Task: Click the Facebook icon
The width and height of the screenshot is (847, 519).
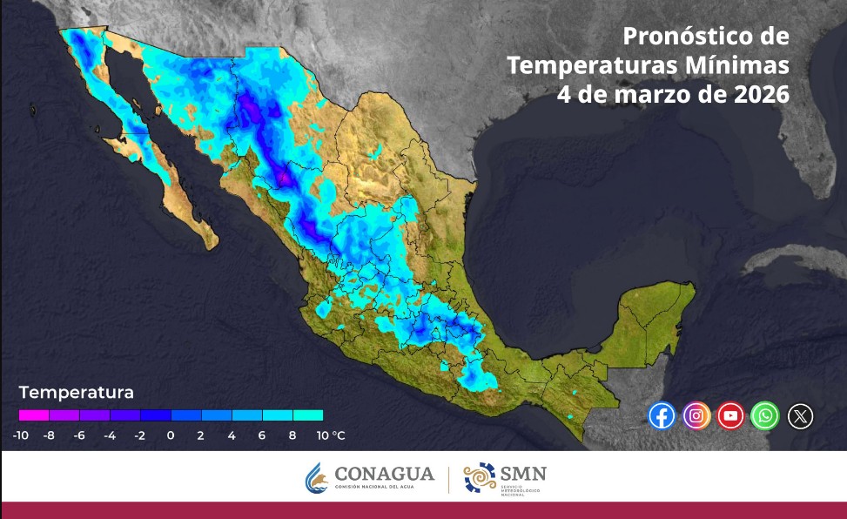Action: click(662, 415)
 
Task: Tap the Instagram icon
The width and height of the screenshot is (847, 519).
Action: click(696, 415)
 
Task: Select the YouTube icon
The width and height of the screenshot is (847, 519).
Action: click(731, 415)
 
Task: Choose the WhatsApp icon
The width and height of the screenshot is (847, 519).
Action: click(765, 415)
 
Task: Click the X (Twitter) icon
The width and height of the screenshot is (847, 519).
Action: click(800, 416)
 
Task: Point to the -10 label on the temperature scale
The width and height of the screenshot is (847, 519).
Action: click(22, 435)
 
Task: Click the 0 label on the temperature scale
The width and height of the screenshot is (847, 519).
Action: click(171, 435)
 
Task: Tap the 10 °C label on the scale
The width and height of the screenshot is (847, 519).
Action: click(330, 435)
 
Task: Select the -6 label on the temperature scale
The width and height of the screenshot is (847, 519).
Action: click(79, 435)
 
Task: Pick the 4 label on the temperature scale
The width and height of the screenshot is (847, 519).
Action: click(232, 435)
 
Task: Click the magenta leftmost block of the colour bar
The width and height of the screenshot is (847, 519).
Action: click(34, 415)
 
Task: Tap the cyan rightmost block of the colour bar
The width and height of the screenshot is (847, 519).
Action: click(308, 415)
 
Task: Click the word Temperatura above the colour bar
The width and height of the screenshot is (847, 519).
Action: click(77, 392)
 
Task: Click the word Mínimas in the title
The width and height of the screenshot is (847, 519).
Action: click(744, 65)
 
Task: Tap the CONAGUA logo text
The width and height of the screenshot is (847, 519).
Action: click(384, 474)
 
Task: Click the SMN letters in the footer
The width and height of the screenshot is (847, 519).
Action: click(523, 473)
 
